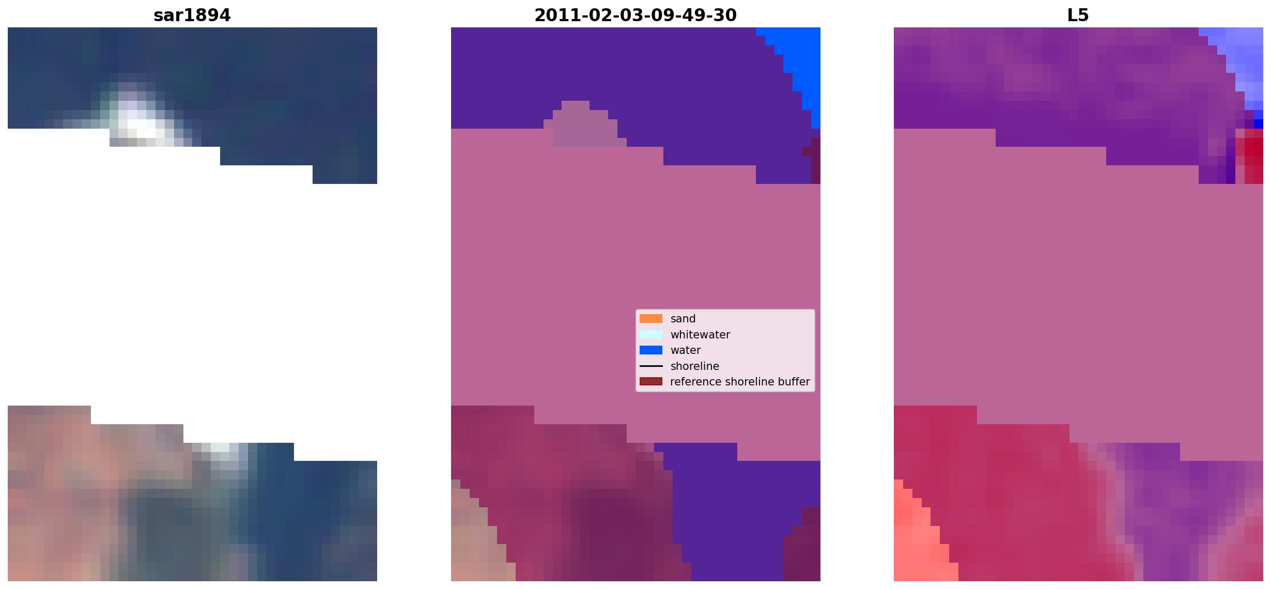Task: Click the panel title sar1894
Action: pos(192,16)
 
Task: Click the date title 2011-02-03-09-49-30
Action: pos(636,16)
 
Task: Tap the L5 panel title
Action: pos(1078,16)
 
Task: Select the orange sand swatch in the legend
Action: pos(651,319)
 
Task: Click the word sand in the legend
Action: pos(683,319)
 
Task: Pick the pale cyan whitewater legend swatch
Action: pos(651,334)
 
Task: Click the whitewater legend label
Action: pos(700,335)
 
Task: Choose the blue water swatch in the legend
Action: pos(651,350)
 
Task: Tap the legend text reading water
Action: pos(686,350)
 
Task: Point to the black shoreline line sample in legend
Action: pos(651,366)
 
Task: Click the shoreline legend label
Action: pos(695,366)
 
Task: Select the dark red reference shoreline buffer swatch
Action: pos(651,382)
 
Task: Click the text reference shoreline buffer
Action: pos(740,382)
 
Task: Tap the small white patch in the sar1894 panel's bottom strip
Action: pos(220,447)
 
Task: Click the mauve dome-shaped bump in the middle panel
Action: pos(584,124)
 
